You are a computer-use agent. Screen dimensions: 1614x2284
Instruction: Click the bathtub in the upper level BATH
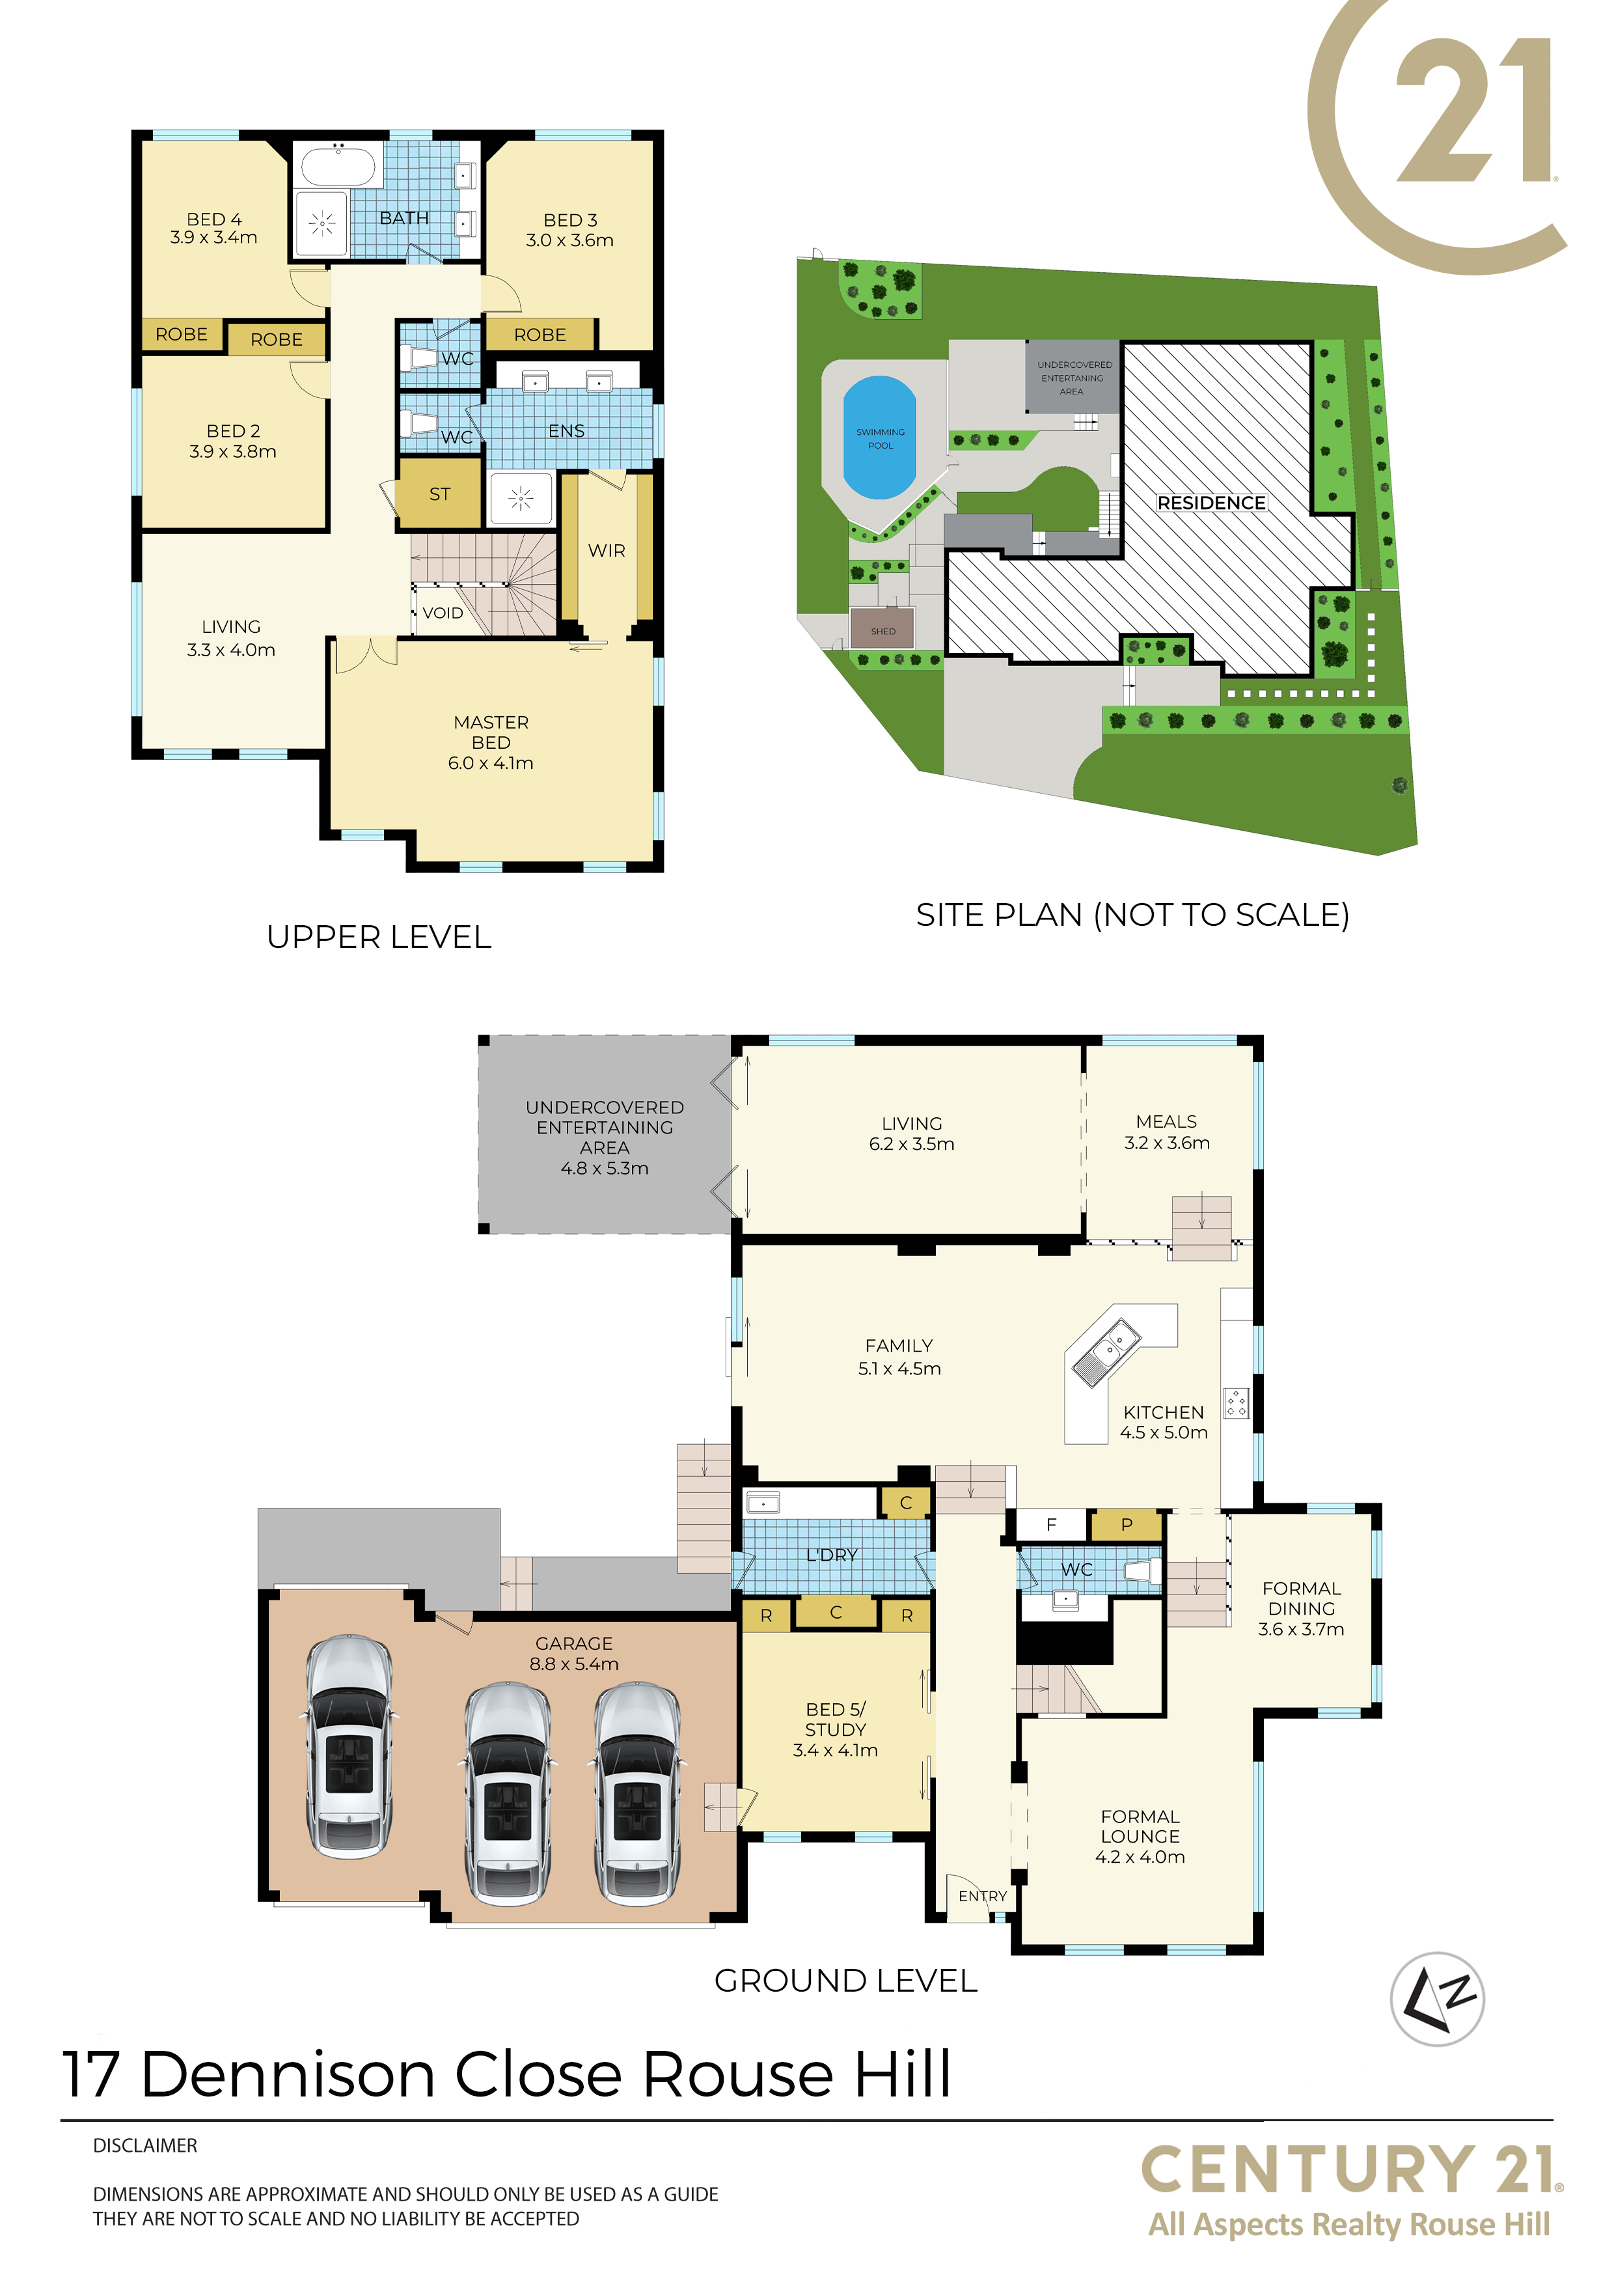[338, 166]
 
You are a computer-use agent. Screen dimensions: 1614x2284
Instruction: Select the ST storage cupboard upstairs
[439, 494]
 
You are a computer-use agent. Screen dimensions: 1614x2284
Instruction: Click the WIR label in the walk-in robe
[607, 550]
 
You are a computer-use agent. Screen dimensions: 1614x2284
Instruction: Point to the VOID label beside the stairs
[443, 613]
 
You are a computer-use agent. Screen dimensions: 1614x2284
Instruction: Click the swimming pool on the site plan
[879, 438]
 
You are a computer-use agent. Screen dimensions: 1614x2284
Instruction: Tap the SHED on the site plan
[883, 630]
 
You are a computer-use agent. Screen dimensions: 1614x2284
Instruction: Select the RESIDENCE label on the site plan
[1211, 503]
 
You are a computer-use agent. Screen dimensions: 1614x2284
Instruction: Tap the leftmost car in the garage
[348, 1745]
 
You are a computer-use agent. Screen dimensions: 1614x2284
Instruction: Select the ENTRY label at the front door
[983, 1896]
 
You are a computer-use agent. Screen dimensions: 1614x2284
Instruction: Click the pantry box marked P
[1127, 1525]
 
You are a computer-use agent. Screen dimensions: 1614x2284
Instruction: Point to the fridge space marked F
[1051, 1525]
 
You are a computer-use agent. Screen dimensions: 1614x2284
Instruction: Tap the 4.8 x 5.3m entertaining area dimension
[605, 1168]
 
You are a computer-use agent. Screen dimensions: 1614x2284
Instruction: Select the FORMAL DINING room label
[1302, 1598]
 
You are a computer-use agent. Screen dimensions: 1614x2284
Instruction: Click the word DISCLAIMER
[145, 2146]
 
